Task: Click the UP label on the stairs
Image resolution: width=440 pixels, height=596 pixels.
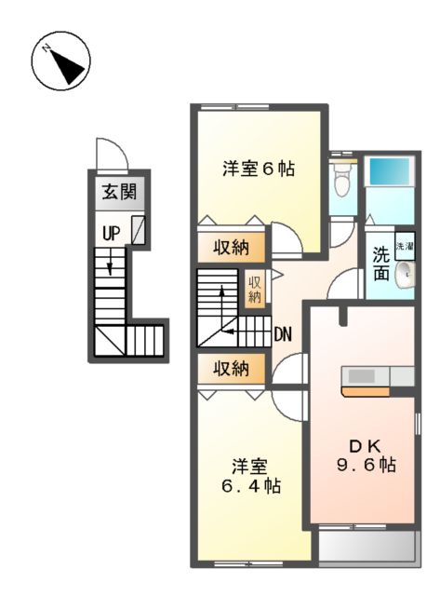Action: click(x=111, y=234)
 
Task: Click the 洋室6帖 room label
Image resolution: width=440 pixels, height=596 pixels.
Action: click(x=259, y=169)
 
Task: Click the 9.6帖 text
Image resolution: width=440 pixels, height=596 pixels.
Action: click(x=366, y=464)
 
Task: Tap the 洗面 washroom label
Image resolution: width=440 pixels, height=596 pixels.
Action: click(x=381, y=264)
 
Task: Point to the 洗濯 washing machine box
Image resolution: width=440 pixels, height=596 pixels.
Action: click(x=405, y=247)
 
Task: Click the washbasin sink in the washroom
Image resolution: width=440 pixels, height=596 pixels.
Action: click(x=405, y=276)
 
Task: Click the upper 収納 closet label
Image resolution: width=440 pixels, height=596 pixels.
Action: click(x=233, y=249)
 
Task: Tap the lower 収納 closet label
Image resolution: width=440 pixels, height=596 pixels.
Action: click(x=233, y=369)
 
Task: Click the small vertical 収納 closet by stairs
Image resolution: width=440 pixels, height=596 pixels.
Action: click(x=254, y=288)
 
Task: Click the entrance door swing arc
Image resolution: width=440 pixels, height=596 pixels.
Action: click(x=108, y=153)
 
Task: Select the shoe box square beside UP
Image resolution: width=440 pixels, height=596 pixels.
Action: click(x=139, y=230)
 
